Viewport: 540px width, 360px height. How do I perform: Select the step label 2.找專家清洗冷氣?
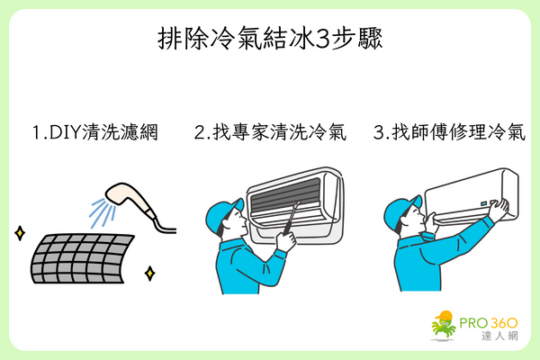point(270,132)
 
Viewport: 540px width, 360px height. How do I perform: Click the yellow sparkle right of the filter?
point(148,271)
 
